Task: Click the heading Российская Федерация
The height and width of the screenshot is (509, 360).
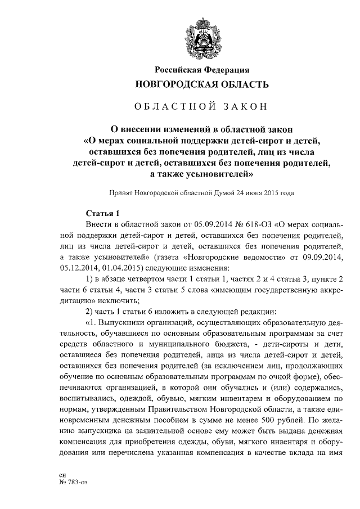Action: (202, 70)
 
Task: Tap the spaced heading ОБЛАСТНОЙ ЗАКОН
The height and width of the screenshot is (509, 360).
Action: (202, 106)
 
